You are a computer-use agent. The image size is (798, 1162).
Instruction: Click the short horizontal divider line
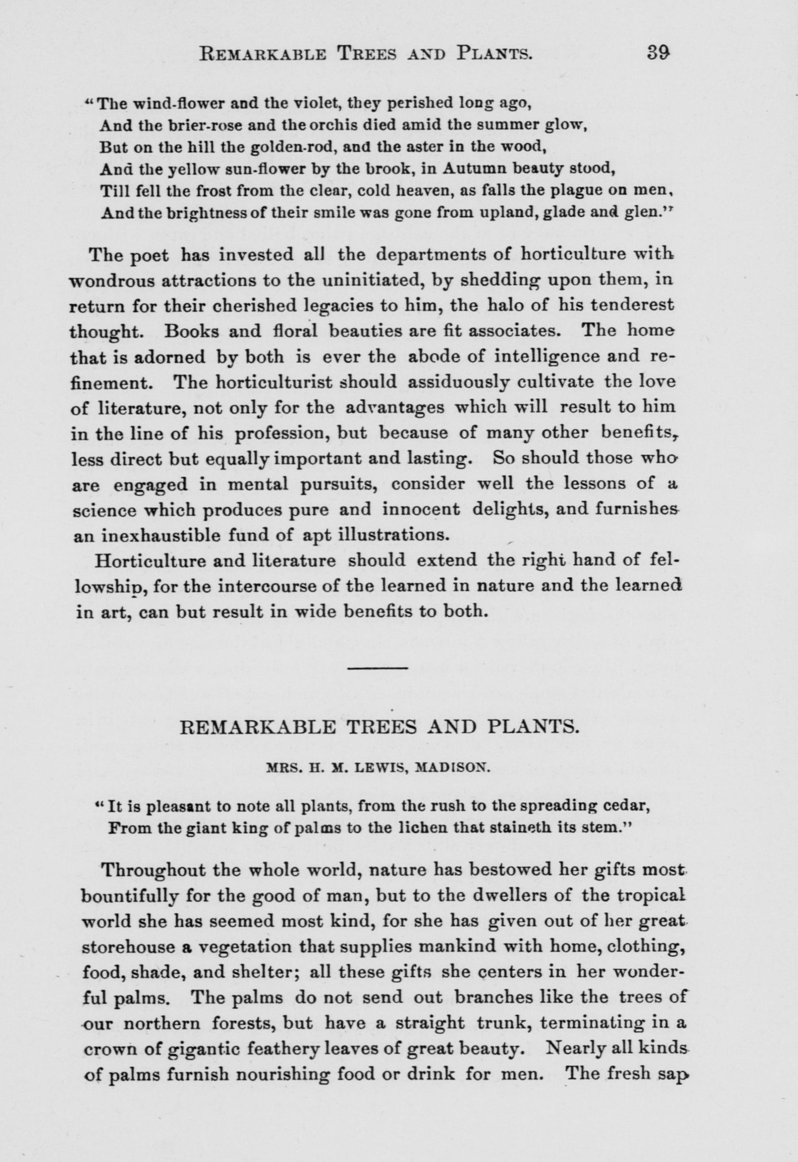pos(378,668)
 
